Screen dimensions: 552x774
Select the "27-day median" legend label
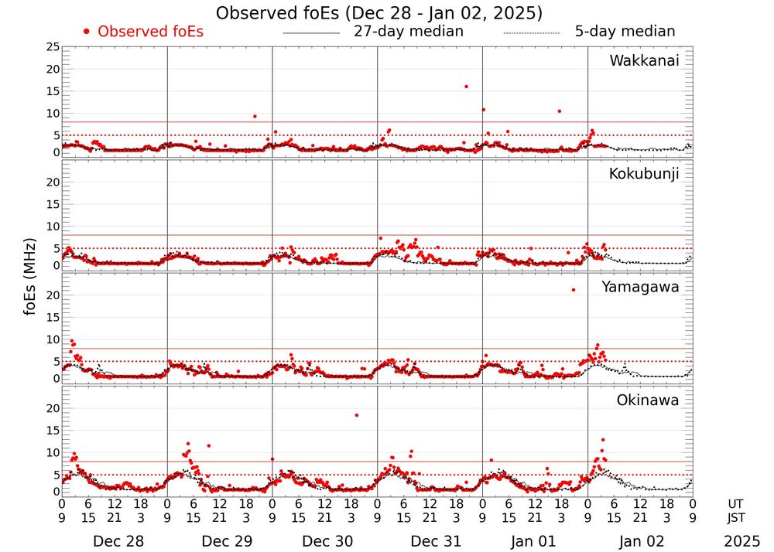(408, 32)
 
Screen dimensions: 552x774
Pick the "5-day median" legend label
(625, 32)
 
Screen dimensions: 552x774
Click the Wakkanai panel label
(644, 61)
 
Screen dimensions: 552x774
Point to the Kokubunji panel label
(644, 174)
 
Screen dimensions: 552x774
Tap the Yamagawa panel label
(640, 287)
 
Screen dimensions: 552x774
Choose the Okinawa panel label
(648, 400)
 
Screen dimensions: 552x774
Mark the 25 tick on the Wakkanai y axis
(53, 47)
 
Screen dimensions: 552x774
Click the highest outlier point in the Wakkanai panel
(466, 87)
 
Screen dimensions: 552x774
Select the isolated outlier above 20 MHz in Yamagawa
(574, 290)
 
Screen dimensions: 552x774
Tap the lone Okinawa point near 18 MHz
(357, 415)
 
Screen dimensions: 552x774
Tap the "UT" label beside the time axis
(738, 504)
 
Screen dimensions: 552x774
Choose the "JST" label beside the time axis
(738, 517)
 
